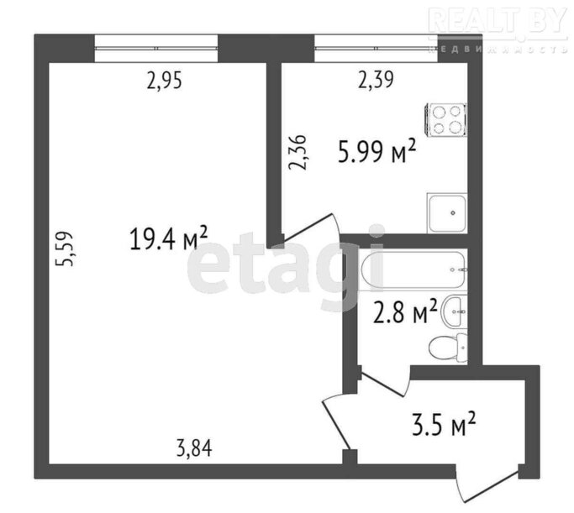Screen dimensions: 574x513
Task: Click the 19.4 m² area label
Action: click(x=169, y=238)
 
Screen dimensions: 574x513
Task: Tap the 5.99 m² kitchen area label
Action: click(x=377, y=150)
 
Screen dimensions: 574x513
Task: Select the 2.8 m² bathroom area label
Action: click(x=405, y=312)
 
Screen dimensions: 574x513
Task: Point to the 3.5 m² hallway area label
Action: click(x=444, y=424)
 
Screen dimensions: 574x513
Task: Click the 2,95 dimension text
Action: click(x=164, y=81)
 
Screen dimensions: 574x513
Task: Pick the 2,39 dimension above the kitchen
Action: click(x=376, y=80)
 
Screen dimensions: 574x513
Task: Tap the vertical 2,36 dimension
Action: click(x=298, y=153)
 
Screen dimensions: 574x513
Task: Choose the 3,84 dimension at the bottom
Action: click(x=194, y=448)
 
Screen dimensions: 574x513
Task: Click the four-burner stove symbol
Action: click(x=445, y=119)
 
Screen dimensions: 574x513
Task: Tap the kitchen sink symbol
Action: click(x=447, y=213)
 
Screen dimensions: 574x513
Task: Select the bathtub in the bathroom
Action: click(x=413, y=270)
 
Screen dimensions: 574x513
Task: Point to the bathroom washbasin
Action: click(x=455, y=311)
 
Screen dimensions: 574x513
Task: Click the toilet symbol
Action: click(x=448, y=348)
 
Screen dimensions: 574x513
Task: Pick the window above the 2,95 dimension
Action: click(x=156, y=48)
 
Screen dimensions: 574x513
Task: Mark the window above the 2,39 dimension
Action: click(x=377, y=48)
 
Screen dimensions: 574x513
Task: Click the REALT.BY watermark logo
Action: click(x=498, y=21)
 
